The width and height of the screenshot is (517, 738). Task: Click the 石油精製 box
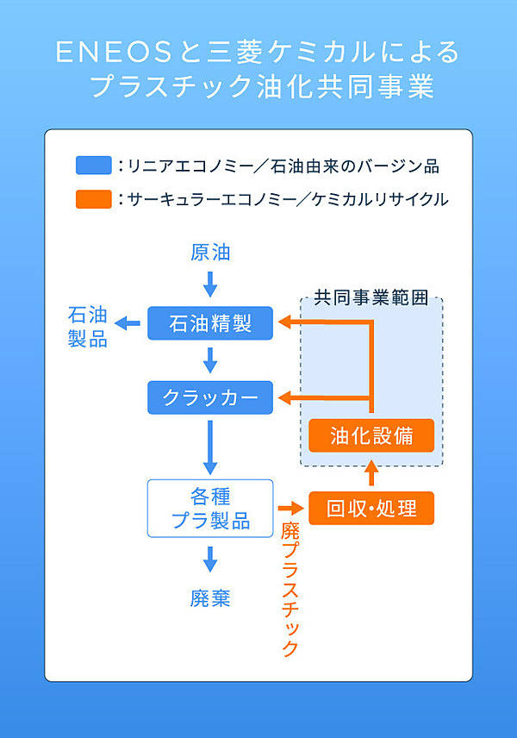tap(210, 323)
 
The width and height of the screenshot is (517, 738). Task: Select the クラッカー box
tap(210, 397)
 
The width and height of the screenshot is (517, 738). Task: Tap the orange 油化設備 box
tap(371, 435)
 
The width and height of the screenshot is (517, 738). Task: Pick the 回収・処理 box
tap(371, 508)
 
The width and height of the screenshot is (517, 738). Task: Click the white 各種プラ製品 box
tap(210, 508)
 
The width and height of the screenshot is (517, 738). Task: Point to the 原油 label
tap(210, 253)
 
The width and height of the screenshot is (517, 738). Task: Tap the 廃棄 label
tap(210, 597)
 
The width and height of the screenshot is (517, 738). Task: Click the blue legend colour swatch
tap(93, 165)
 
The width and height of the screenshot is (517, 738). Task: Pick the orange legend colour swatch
tap(93, 199)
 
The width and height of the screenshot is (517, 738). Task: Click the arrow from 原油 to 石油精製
tap(210, 283)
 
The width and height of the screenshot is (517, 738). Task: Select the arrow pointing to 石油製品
tap(129, 323)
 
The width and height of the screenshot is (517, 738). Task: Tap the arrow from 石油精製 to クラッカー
tap(210, 360)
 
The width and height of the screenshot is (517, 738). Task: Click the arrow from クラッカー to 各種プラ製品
tap(210, 444)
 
